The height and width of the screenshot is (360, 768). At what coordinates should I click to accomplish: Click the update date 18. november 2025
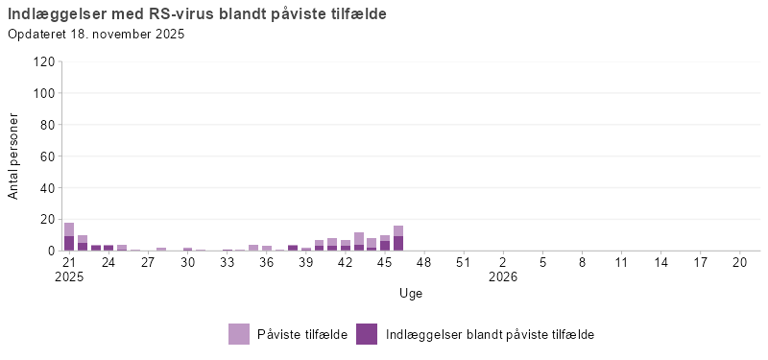[96, 35]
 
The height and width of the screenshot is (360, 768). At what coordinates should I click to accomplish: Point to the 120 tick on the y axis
[43, 61]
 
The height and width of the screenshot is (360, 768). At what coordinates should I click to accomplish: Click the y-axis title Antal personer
[14, 156]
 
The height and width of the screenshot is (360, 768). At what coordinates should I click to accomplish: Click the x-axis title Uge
[411, 293]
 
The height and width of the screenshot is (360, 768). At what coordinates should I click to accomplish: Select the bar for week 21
[69, 237]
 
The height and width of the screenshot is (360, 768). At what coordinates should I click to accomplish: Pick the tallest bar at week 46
[398, 238]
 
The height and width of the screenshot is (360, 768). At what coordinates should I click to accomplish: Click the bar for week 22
[83, 243]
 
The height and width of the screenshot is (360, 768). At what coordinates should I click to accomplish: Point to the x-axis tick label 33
[227, 261]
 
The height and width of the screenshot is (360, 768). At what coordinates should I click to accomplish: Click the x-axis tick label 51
[463, 261]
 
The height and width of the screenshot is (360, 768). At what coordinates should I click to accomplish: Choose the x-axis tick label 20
[739, 261]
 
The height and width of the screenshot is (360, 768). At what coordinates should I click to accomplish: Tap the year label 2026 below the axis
[502, 276]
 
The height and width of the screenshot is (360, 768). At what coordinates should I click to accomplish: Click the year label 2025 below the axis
[69, 276]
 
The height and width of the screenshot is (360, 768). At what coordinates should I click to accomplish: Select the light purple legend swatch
[239, 334]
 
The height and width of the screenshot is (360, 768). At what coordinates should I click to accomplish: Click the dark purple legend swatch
[367, 334]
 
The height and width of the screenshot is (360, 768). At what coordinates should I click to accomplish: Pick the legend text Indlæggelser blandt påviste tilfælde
[490, 334]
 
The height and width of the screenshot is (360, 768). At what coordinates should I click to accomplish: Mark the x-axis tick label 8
[582, 261]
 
